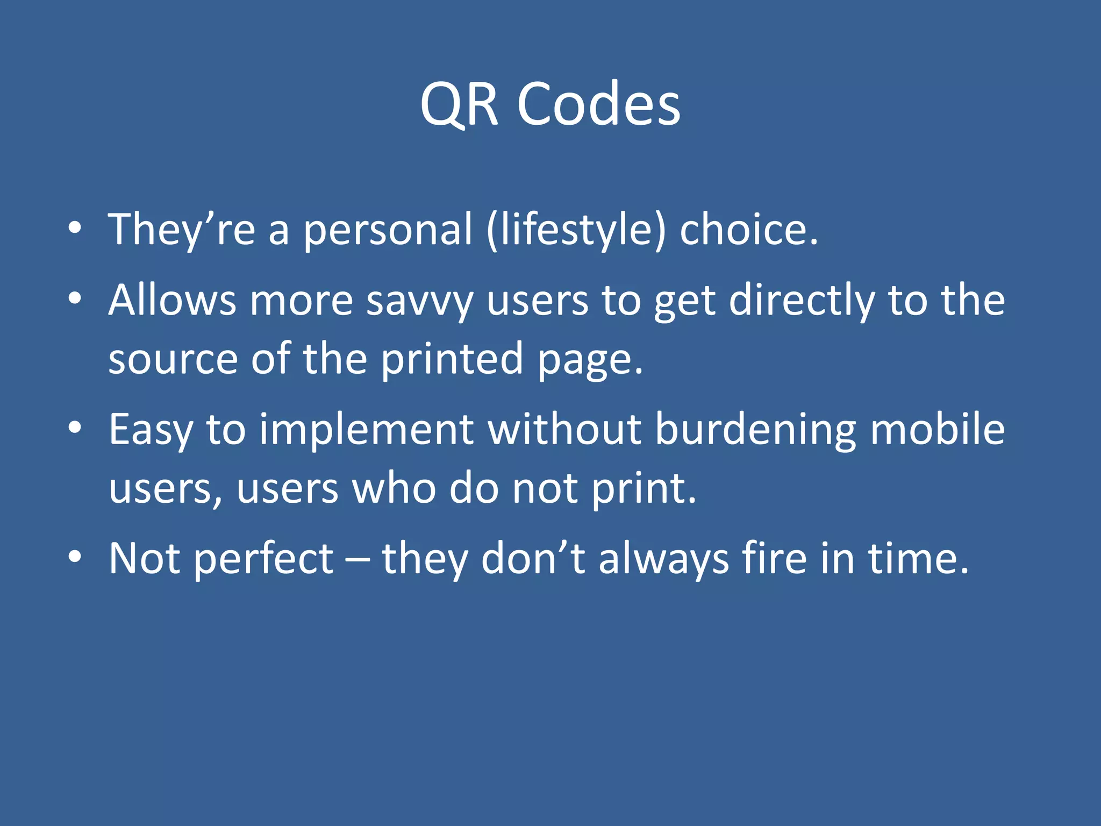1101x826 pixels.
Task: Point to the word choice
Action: point(748,230)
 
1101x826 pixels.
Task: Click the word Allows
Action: point(172,300)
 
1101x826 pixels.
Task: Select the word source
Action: point(173,359)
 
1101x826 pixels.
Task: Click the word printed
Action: point(452,359)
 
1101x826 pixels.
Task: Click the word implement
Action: point(366,430)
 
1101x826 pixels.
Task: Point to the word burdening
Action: point(755,430)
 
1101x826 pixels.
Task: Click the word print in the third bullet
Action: point(643,489)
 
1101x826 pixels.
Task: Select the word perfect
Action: point(263,559)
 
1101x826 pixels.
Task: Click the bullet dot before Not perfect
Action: point(75,557)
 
